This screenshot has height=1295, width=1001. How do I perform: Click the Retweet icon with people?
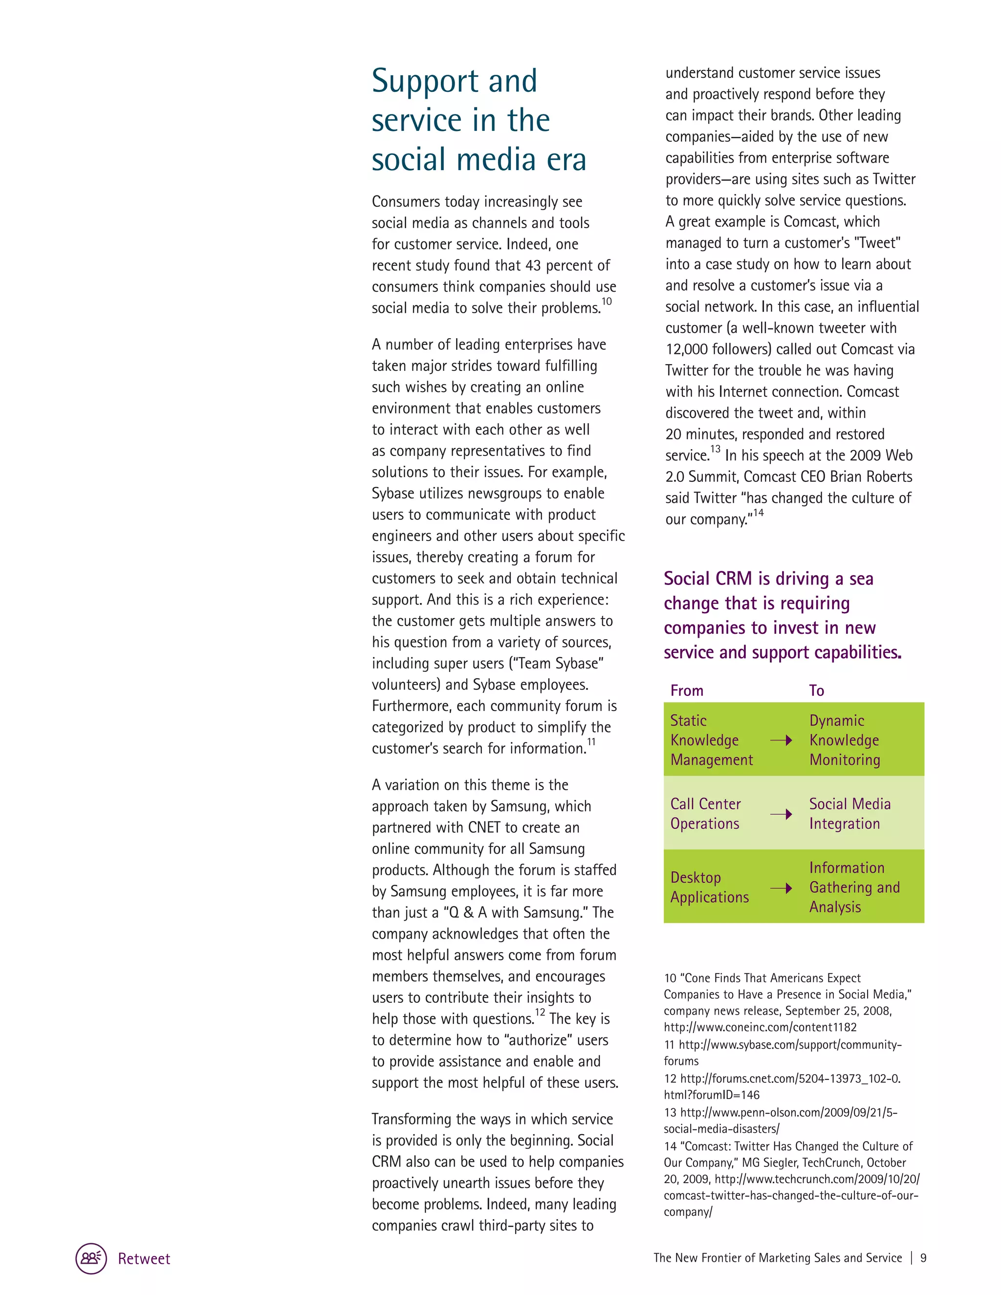point(91,1258)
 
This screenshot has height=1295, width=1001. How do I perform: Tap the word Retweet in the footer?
point(144,1259)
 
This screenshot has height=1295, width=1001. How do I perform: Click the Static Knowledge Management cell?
point(711,740)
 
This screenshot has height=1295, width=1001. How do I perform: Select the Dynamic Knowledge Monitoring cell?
point(845,740)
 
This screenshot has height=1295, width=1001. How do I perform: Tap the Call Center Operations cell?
point(705,814)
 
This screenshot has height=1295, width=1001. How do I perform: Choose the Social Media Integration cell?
point(850,814)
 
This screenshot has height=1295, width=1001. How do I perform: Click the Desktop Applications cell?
point(709,887)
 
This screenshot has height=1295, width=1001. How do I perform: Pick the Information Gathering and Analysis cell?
point(854,887)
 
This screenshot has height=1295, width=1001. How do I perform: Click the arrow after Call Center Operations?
point(781,814)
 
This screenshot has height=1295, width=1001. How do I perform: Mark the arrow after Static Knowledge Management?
point(781,740)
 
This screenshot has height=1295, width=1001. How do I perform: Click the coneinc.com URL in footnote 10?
point(760,1027)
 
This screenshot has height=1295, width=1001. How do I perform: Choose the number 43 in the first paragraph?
point(533,266)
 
